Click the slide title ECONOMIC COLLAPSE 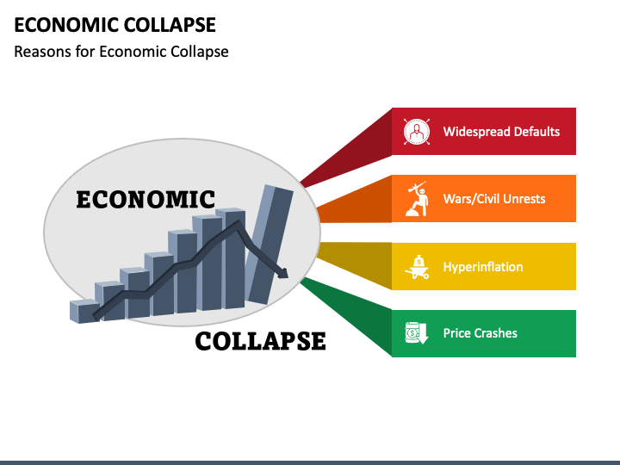115,24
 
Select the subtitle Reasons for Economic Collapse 121,51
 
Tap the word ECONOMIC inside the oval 146,200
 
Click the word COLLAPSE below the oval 260,341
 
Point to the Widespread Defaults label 501,132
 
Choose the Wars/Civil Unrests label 494,199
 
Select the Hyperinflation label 483,267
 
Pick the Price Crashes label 480,333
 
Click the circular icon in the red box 417,132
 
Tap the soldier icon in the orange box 417,199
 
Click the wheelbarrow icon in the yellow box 417,267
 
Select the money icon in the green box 417,333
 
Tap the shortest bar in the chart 84,311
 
